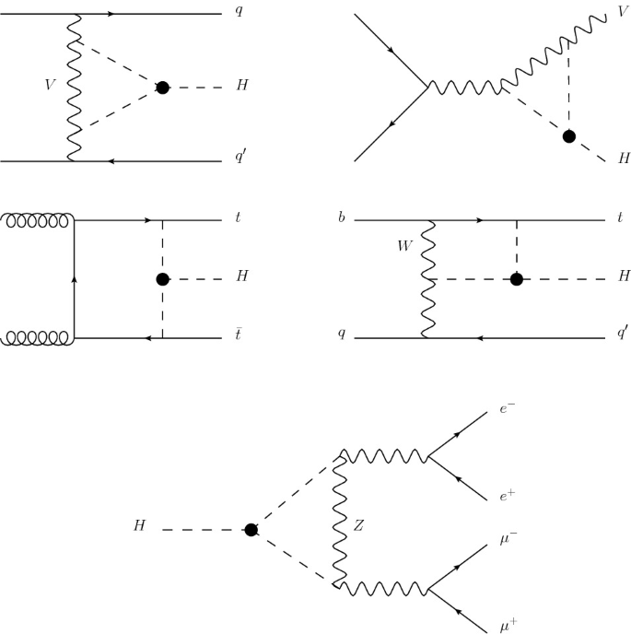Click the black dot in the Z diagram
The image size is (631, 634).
click(x=251, y=529)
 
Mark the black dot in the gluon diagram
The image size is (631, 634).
click(x=163, y=279)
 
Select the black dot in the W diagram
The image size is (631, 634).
click(x=518, y=279)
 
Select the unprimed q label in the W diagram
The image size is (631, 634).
click(x=342, y=333)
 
